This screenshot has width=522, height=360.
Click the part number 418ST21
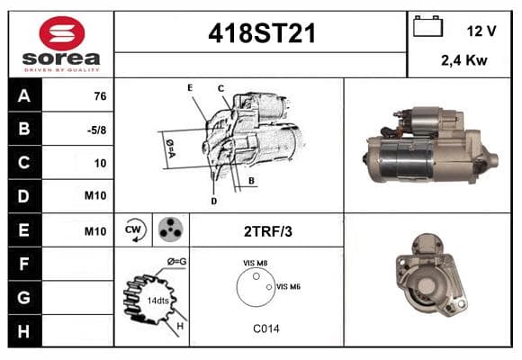point(262,33)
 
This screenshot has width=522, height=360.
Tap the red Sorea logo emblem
point(62,33)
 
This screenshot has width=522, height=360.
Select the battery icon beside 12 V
point(427,26)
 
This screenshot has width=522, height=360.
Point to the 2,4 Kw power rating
point(464,60)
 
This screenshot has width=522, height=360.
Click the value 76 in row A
point(100,96)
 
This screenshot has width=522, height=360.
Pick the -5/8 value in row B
point(96,130)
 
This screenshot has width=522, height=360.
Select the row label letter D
point(23,196)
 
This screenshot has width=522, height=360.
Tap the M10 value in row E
point(95,231)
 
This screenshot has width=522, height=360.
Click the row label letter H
point(23,331)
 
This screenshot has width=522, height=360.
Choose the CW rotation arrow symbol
point(135,229)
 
